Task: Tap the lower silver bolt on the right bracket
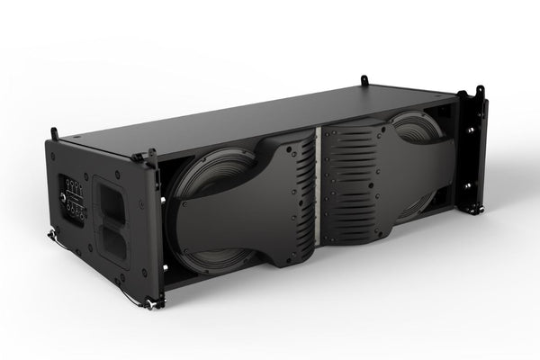[x=470, y=186]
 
